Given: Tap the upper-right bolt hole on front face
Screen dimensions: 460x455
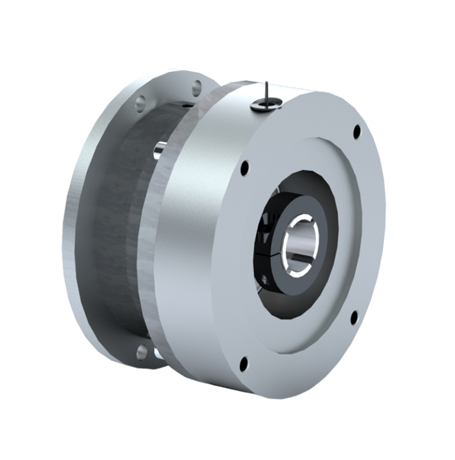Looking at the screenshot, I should pos(357,132).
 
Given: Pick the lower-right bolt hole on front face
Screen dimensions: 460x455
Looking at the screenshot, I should pos(354,315).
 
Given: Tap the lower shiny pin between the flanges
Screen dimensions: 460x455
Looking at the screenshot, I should pos(158,353).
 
